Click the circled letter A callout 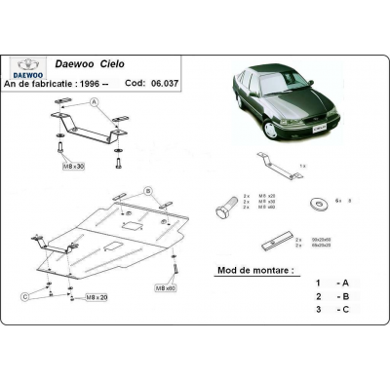point(94,102)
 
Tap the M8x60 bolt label point(167,288)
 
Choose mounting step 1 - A point(331,283)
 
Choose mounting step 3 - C point(331,310)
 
